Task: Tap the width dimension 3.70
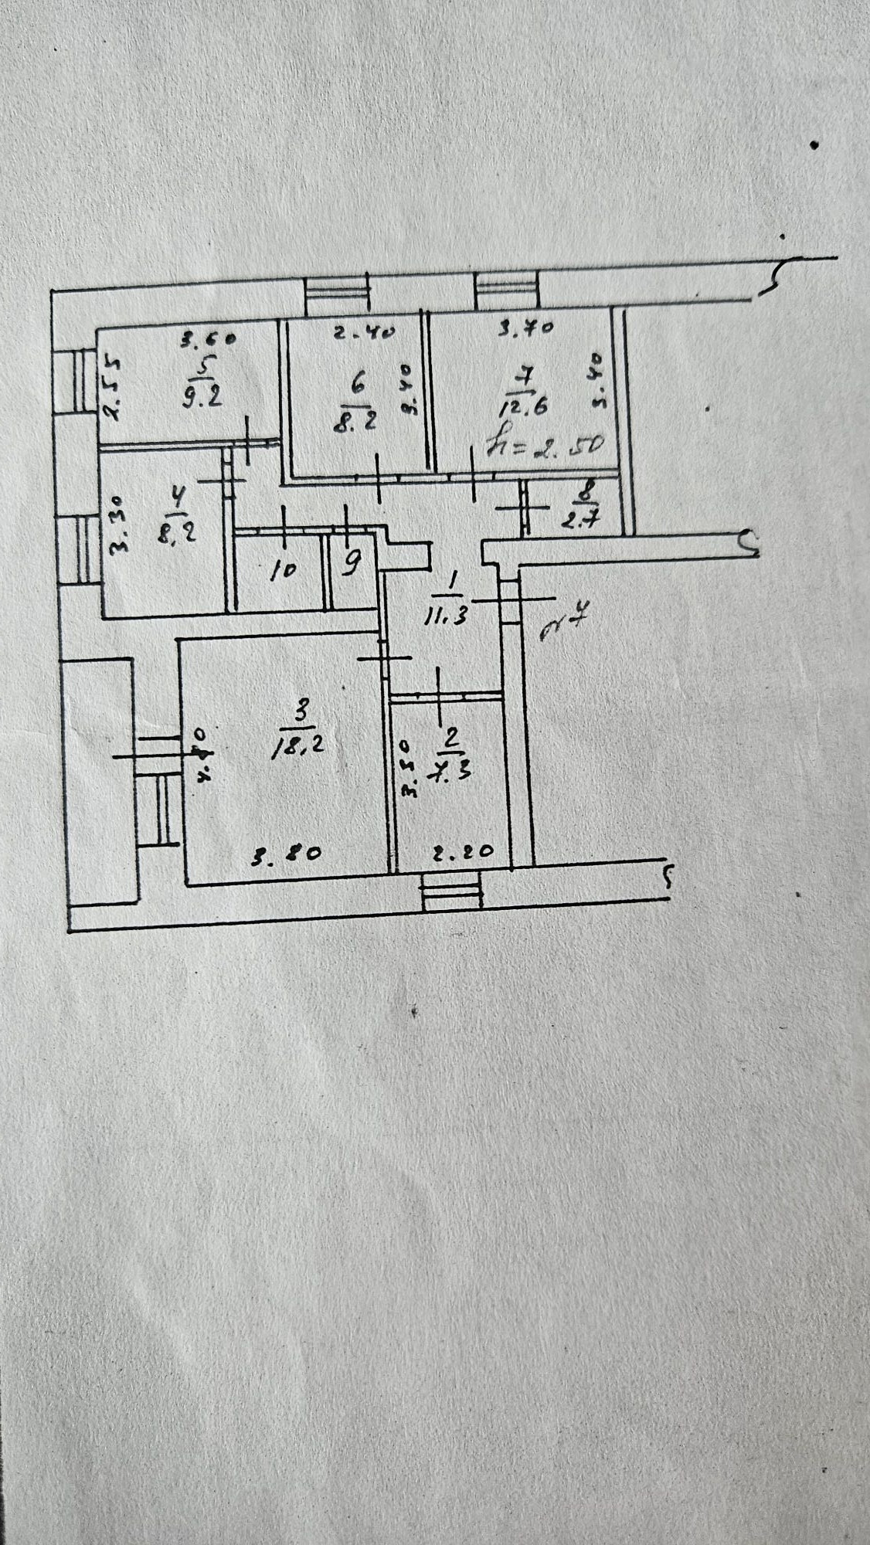point(527,330)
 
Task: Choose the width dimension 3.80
point(287,856)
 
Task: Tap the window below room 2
point(452,891)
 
